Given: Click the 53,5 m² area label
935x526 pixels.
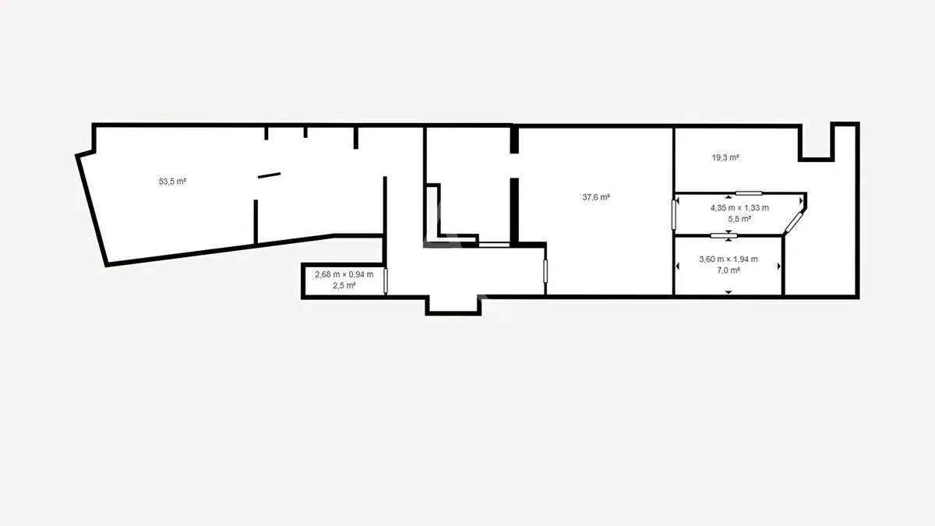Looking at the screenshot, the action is [172, 182].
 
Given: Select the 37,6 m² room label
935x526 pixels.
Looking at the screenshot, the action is [596, 197].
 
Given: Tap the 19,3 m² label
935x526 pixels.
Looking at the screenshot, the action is [725, 157].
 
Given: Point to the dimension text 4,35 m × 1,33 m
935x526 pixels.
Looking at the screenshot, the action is [739, 208].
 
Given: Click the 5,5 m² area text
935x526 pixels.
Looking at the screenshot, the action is [739, 219].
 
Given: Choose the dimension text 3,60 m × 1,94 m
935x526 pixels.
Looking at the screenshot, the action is [729, 259].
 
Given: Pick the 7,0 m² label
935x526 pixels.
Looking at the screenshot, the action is [729, 270].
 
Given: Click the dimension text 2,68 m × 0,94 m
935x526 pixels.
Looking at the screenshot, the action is [344, 274].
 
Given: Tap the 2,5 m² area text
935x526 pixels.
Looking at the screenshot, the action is [344, 285].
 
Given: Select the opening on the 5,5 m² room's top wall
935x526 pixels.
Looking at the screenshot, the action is [749, 193].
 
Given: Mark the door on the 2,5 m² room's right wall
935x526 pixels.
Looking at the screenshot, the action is [385, 281].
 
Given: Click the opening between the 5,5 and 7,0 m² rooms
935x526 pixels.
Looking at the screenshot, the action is [724, 236].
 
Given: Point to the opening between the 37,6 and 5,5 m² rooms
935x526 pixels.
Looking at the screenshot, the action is [674, 214].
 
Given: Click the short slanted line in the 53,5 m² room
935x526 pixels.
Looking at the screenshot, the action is [270, 175].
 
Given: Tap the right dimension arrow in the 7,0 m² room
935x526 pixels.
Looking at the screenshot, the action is [779, 267].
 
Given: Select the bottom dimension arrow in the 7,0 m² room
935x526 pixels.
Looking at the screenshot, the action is [729, 292].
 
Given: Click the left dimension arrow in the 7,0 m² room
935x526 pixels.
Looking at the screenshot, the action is [677, 267].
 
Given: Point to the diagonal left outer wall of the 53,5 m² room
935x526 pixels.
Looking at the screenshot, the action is [92, 210].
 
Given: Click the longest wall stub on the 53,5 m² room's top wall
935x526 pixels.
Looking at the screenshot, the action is [356, 137].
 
